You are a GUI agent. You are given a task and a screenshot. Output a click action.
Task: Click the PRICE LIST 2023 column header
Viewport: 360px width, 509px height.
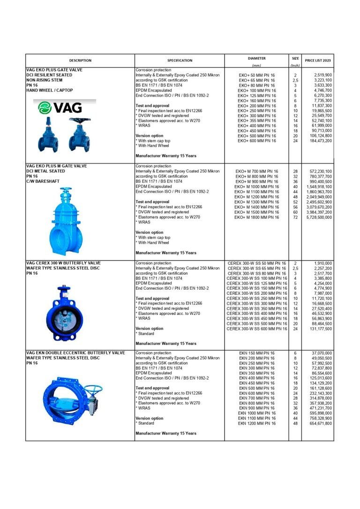click(x=317, y=60)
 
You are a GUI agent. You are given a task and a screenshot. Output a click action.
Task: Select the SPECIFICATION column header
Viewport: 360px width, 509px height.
click(x=180, y=60)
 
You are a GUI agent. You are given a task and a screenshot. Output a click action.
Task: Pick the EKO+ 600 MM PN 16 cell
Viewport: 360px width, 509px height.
click(x=256, y=141)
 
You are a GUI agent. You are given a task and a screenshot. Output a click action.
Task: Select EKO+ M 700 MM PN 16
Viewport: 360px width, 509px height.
click(x=256, y=172)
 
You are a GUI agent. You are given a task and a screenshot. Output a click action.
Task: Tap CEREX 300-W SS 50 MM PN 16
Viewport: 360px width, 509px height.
click(x=256, y=263)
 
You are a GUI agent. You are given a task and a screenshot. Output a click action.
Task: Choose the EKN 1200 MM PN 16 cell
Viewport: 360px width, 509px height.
click(x=256, y=424)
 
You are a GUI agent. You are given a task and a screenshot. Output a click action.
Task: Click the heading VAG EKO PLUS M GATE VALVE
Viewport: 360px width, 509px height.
click(x=57, y=166)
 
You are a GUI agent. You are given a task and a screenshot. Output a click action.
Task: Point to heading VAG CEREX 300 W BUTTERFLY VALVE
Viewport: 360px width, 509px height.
click(x=63, y=263)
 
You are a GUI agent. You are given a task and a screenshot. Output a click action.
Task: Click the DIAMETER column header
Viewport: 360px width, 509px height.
click(x=256, y=58)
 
